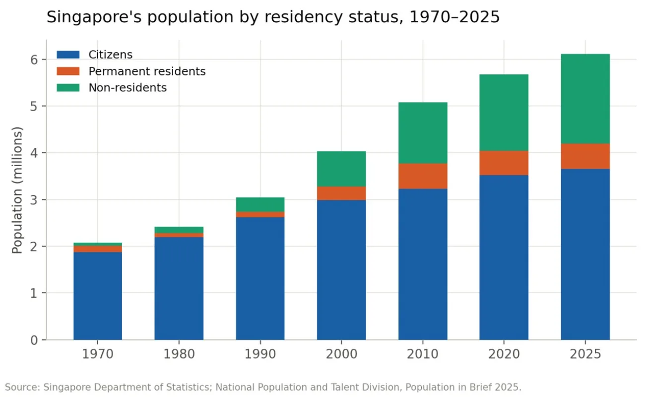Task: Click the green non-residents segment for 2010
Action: (423, 132)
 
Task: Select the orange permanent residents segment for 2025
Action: (585, 156)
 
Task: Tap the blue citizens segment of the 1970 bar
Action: (98, 296)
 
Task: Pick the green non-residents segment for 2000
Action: (341, 169)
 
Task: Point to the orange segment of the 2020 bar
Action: (504, 163)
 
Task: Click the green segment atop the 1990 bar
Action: (260, 204)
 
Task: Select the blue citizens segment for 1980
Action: (179, 288)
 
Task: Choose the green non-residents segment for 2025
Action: (585, 99)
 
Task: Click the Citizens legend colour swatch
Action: (68, 55)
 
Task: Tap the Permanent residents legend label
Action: (147, 71)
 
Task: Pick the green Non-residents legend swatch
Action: (68, 88)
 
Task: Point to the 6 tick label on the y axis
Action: (34, 60)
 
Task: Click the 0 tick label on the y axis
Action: (34, 340)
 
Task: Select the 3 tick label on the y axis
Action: (34, 200)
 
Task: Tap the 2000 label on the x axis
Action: (341, 354)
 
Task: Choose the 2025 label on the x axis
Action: (585, 354)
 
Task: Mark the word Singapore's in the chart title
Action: (94, 17)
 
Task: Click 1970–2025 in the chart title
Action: (455, 17)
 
